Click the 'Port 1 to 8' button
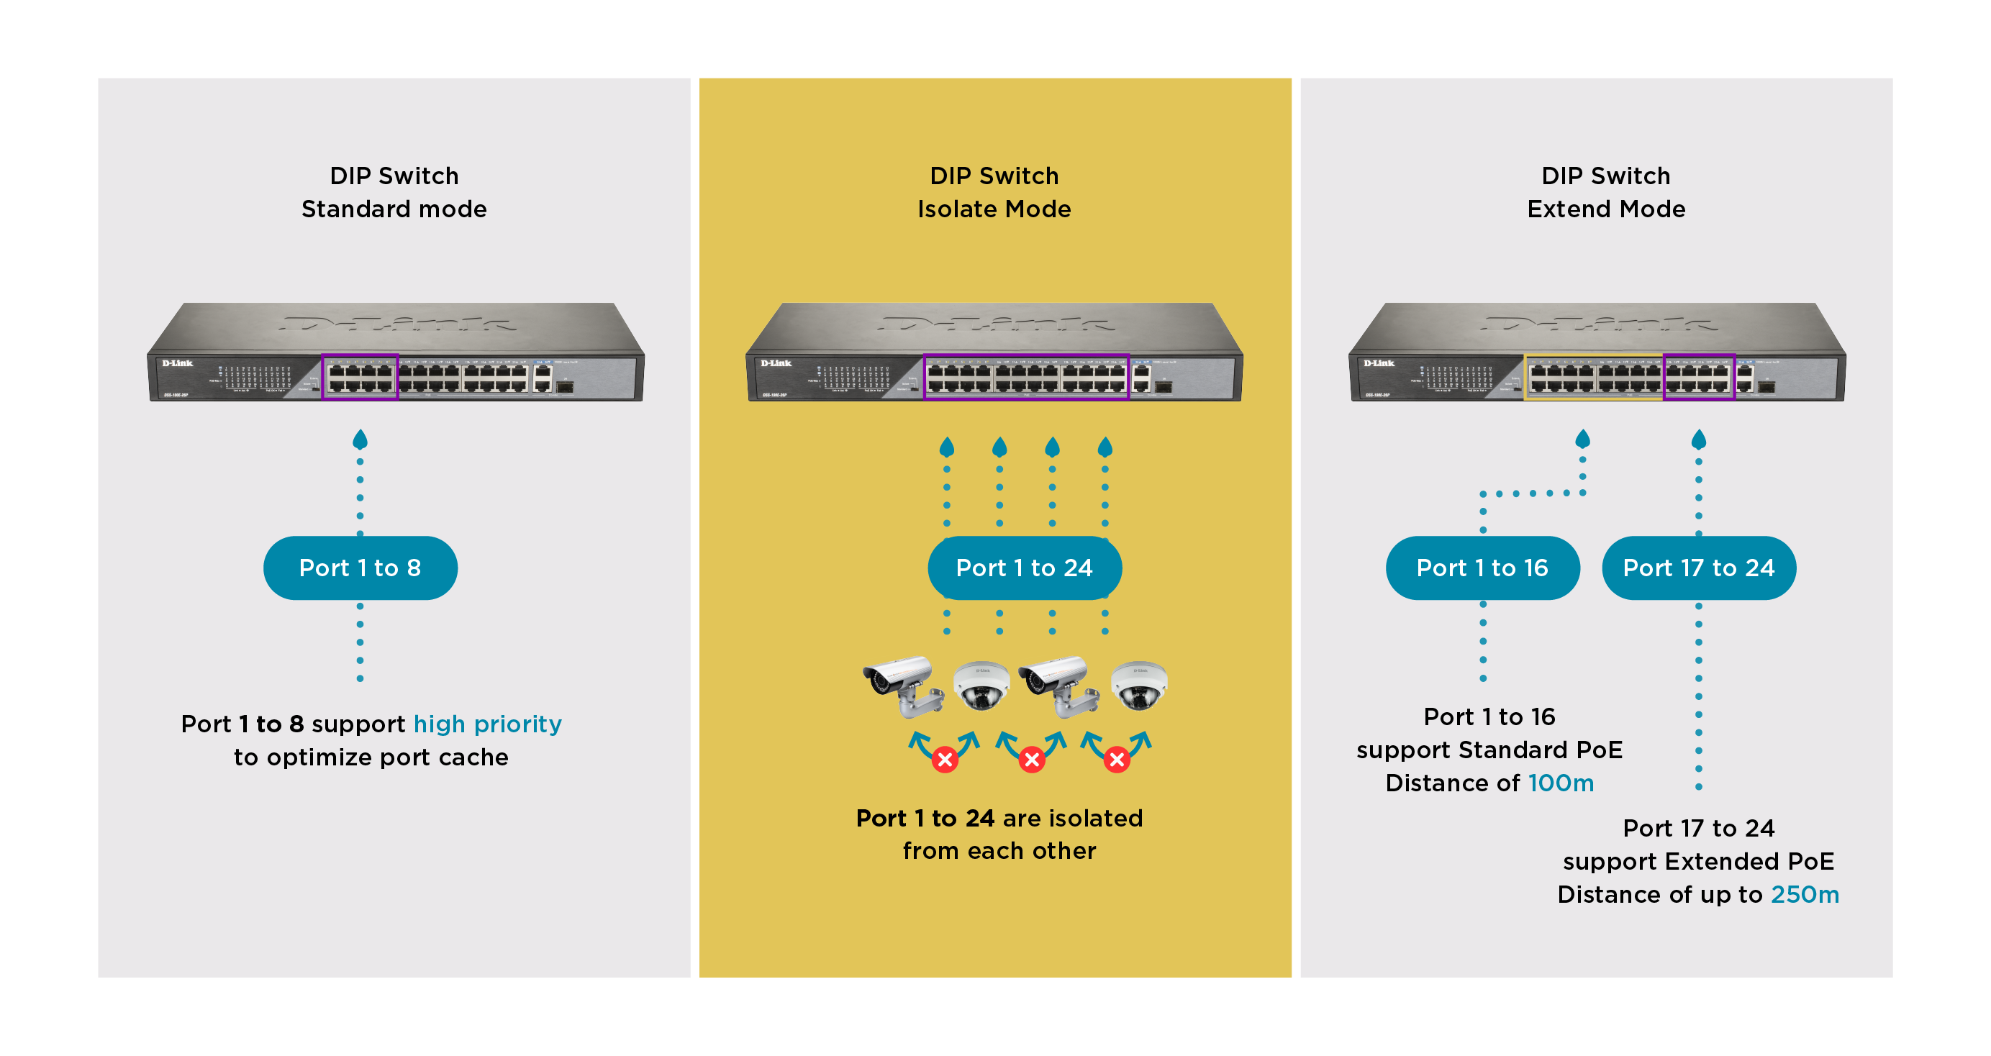(x=360, y=568)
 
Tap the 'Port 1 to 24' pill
(x=1024, y=568)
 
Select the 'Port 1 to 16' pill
(x=1482, y=568)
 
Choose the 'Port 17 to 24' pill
(x=1698, y=568)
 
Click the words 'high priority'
(x=487, y=724)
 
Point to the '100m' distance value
(x=1561, y=783)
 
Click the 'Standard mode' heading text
(x=394, y=209)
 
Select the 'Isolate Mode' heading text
(x=994, y=209)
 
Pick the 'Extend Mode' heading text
(x=1605, y=209)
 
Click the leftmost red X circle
(x=945, y=760)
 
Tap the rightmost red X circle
(x=1116, y=760)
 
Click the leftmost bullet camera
(x=903, y=684)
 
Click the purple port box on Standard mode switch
(x=360, y=377)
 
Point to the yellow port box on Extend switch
(x=1593, y=378)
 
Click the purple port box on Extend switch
(x=1698, y=378)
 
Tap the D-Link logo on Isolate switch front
(x=775, y=363)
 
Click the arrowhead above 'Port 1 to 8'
(x=360, y=440)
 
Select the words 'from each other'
(x=999, y=850)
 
